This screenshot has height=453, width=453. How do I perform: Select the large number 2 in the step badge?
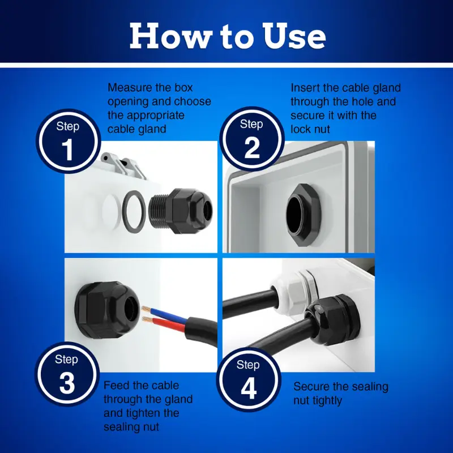point(251,148)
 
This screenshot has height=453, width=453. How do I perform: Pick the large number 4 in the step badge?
point(249,388)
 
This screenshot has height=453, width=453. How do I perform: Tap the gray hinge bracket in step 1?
point(123,166)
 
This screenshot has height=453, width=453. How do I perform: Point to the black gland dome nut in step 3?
point(107,310)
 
